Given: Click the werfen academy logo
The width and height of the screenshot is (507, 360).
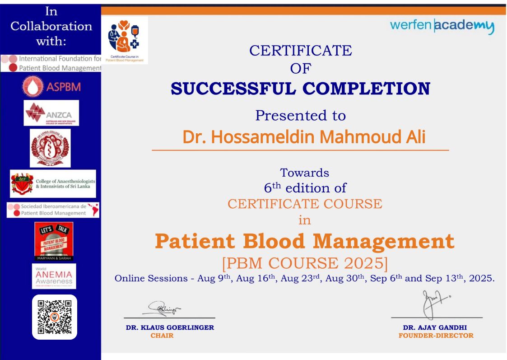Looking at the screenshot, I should pos(442,27).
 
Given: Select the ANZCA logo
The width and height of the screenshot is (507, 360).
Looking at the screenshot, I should pos(51,113).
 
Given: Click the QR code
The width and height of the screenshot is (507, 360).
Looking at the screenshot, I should pos(54,317).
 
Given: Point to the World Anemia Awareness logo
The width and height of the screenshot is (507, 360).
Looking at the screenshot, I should pos(54,276).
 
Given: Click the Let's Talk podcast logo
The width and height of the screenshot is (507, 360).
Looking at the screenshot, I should pos(54,241).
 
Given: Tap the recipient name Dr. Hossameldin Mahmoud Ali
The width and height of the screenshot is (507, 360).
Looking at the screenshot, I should pos(304,137).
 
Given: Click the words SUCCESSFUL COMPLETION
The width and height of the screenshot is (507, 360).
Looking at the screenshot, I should pos(300,89).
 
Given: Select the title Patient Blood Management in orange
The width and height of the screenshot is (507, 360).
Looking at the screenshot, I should pos(304,241).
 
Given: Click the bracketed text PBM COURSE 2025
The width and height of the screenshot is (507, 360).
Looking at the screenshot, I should pos(304,262).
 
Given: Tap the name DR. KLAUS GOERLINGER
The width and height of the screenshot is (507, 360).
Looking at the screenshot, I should pos(170,327).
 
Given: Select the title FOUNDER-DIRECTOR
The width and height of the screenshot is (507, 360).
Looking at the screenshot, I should pos(436,336).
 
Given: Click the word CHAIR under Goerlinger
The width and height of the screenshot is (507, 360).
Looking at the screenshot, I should pos(162,336).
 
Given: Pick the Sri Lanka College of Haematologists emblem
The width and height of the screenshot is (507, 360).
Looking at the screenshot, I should pos(50,148).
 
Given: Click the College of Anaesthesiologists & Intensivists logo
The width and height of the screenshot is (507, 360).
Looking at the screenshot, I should pos(53,184).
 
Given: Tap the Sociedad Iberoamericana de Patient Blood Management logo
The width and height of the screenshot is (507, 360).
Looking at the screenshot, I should pos(53,210).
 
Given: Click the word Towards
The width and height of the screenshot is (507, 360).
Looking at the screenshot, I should pos(304,173).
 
